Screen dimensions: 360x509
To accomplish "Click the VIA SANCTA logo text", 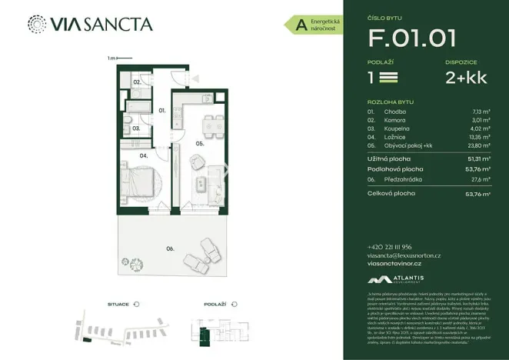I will click(100, 25).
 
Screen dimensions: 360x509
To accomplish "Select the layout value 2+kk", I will click(467, 78).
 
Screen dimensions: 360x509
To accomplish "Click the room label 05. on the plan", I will click(199, 143).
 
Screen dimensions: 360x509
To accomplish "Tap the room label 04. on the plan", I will click(143, 155).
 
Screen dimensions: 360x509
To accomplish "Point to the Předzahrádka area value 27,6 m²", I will click(483, 179).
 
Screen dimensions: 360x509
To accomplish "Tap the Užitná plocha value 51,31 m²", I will click(480, 158).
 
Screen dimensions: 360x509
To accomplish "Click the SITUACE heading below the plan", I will click(118, 305).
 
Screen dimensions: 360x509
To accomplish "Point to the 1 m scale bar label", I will click(111, 58).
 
